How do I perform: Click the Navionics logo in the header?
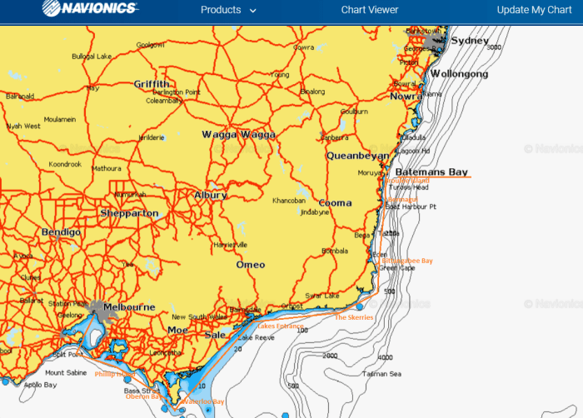coord(91,10)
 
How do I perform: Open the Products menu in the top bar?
coord(228,10)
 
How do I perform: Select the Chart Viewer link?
coord(370,10)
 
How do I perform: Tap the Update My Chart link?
coord(534,10)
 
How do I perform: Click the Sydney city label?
coord(470,41)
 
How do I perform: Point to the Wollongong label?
coord(460,74)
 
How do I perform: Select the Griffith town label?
coord(152,84)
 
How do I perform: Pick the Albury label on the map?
coord(210,195)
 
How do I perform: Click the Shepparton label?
coord(129,214)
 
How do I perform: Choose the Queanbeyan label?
coord(357,156)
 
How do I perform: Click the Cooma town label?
coord(336,203)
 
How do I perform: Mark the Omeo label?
coord(251,265)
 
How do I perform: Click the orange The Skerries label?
coord(354,317)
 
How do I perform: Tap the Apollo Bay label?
coord(39,386)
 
